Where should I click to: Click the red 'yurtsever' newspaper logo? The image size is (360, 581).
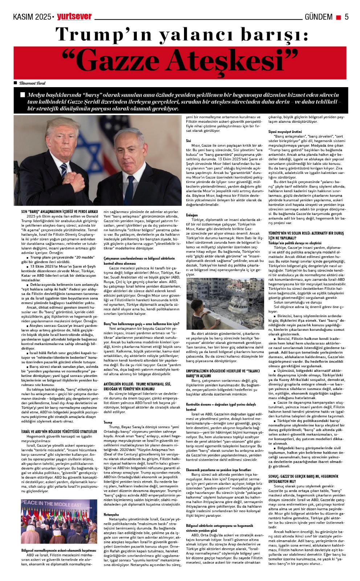point(74,16)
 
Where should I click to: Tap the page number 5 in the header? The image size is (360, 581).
point(347,17)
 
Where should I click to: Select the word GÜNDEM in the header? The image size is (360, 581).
point(318,17)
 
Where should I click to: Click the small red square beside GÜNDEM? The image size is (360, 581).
point(338,17)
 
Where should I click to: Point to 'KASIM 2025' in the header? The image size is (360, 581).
point(32,17)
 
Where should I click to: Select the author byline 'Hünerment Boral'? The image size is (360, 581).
point(32,83)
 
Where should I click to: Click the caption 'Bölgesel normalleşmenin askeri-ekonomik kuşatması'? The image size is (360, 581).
point(59,550)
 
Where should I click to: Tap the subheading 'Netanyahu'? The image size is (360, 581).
point(111,515)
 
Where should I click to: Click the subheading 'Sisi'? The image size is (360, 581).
point(188,141)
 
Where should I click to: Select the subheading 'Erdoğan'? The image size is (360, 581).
point(192,215)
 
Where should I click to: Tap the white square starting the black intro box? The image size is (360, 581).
point(23,95)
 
